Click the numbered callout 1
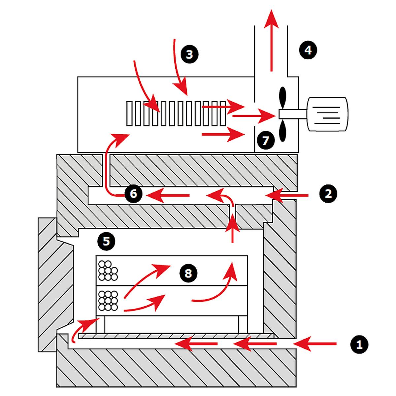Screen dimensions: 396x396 (x=359, y=345)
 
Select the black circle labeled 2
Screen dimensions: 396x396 (x=328, y=194)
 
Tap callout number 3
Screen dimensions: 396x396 (x=189, y=54)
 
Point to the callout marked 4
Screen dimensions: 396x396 (x=308, y=50)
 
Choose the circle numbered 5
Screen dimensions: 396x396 (x=106, y=241)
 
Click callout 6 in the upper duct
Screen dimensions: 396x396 (x=133, y=194)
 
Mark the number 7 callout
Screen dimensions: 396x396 (x=266, y=140)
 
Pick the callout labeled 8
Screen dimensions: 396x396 (x=188, y=273)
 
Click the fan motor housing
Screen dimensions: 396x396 (x=327, y=114)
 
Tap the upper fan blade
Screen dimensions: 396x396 (x=282, y=97)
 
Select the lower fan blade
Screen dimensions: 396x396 (x=282, y=131)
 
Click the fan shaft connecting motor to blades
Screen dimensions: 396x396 (x=293, y=114)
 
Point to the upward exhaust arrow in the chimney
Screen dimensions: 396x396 (x=271, y=41)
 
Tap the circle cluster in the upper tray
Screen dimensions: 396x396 (x=108, y=271)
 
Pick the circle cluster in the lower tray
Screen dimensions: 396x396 (x=108, y=301)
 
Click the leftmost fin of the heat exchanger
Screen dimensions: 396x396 (x=129, y=114)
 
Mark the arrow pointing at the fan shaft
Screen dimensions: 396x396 (x=254, y=116)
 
